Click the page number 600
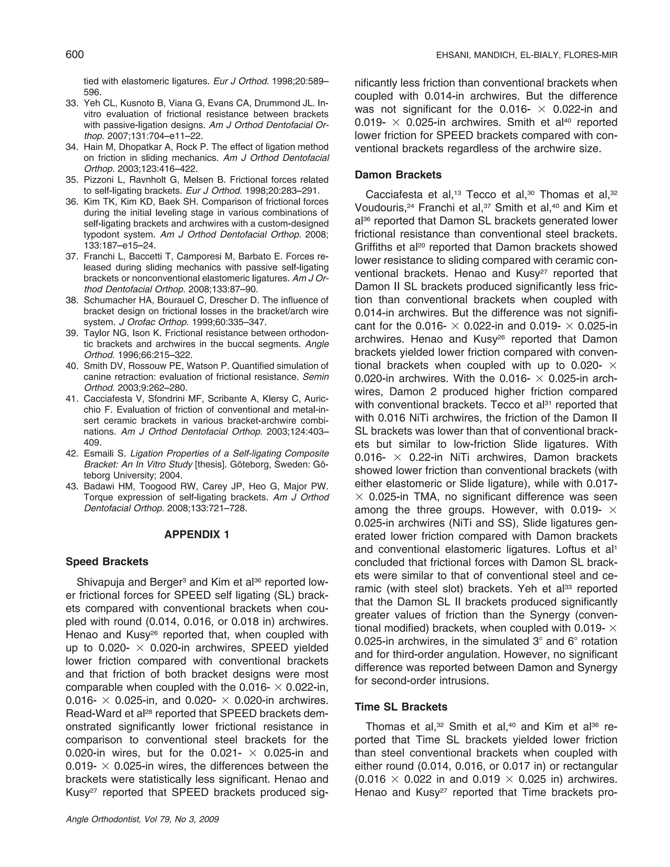click(x=75, y=54)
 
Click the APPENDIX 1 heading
click(x=197, y=534)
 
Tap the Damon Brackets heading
click(x=398, y=175)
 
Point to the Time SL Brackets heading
click(x=401, y=707)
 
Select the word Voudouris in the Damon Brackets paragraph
click(x=380, y=208)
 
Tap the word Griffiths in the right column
click(x=376, y=247)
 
